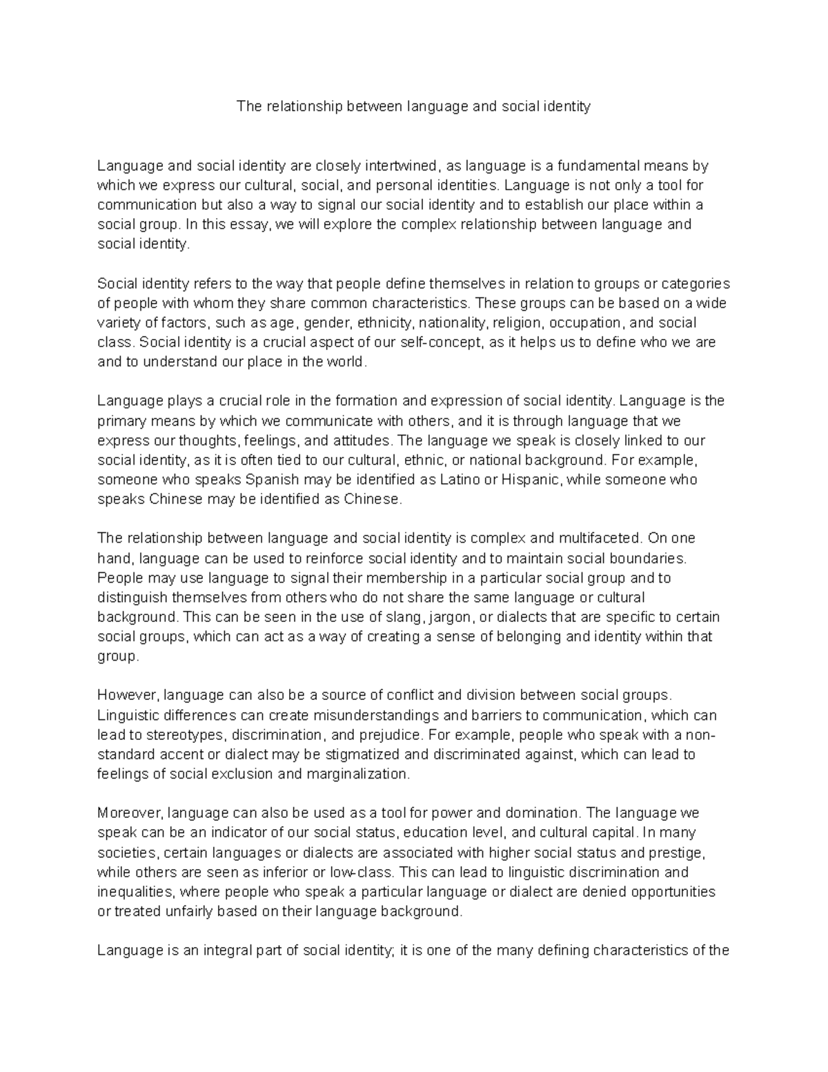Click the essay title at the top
click(413, 106)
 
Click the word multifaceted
click(600, 538)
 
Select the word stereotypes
click(179, 734)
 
